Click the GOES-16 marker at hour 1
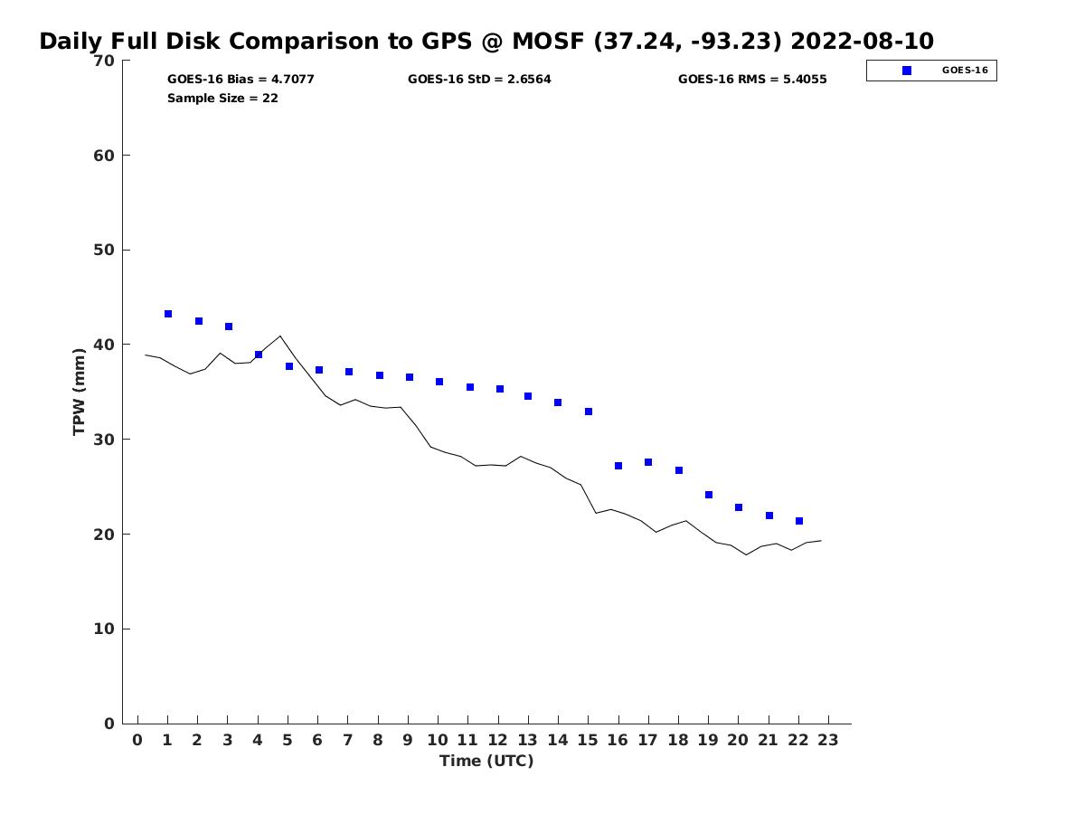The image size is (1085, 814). click(x=168, y=314)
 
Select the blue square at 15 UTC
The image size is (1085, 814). click(x=589, y=412)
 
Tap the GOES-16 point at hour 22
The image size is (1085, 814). click(x=799, y=521)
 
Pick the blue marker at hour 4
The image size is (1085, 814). click(x=259, y=355)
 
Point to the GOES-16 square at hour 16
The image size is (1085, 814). click(x=618, y=466)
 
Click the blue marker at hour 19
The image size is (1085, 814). click(x=709, y=495)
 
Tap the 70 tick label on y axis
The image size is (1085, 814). click(x=104, y=61)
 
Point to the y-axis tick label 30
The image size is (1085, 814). click(x=104, y=440)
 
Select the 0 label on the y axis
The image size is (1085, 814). click(x=109, y=724)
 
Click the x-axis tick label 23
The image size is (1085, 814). click(x=828, y=740)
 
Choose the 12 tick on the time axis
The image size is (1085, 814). click(x=498, y=740)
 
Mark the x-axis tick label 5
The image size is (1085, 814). click(x=288, y=740)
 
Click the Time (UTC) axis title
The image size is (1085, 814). click(x=486, y=761)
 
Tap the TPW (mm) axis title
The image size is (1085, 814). click(x=80, y=392)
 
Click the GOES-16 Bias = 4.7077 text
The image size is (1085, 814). click(x=241, y=80)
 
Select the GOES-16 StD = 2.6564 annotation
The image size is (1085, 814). click(x=479, y=80)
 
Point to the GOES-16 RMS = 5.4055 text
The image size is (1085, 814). click(x=752, y=80)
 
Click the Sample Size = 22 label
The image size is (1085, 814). click(x=222, y=98)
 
